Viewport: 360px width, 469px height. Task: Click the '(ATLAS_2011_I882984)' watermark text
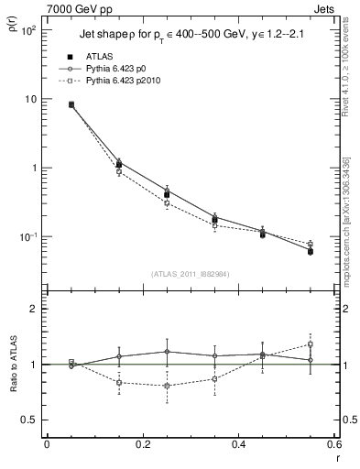point(191,273)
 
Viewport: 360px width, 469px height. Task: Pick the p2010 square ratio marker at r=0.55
point(311,344)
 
